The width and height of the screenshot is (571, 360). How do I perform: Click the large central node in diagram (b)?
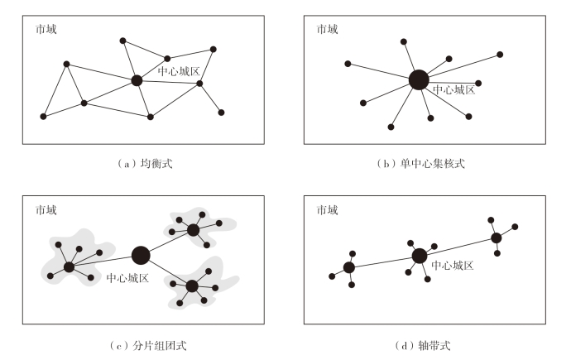click(x=419, y=79)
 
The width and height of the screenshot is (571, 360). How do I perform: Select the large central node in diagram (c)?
click(x=141, y=255)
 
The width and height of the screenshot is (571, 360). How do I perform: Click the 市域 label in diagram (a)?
click(x=46, y=29)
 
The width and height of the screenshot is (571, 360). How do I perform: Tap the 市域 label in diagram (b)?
click(x=328, y=29)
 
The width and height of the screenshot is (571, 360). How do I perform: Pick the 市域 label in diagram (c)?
click(x=46, y=210)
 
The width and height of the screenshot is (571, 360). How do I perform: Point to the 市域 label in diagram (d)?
click(x=328, y=210)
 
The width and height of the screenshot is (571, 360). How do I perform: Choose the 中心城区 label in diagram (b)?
click(x=454, y=89)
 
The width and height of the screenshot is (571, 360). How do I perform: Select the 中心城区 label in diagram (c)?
click(x=128, y=279)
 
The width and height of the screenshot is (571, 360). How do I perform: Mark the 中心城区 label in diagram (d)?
click(x=453, y=266)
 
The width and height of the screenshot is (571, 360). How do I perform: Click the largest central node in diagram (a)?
click(x=137, y=80)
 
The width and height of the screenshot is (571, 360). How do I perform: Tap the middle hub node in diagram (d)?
click(x=419, y=255)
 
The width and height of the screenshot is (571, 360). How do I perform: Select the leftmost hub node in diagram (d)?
click(x=349, y=267)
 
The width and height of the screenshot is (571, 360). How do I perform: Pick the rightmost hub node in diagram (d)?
click(x=497, y=238)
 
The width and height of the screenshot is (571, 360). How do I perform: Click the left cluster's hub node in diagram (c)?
click(x=70, y=266)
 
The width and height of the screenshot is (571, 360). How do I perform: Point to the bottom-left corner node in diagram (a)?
click(x=43, y=116)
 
